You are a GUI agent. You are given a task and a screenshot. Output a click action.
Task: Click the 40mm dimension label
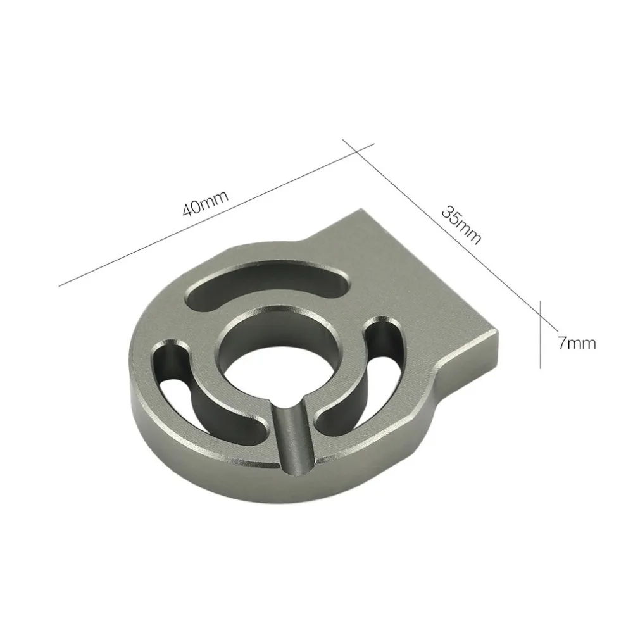point(206,203)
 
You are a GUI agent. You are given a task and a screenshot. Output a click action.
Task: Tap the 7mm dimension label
point(577,343)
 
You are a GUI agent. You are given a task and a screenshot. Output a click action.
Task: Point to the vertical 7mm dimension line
point(541,334)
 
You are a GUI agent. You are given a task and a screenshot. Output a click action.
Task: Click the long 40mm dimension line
point(216,215)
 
